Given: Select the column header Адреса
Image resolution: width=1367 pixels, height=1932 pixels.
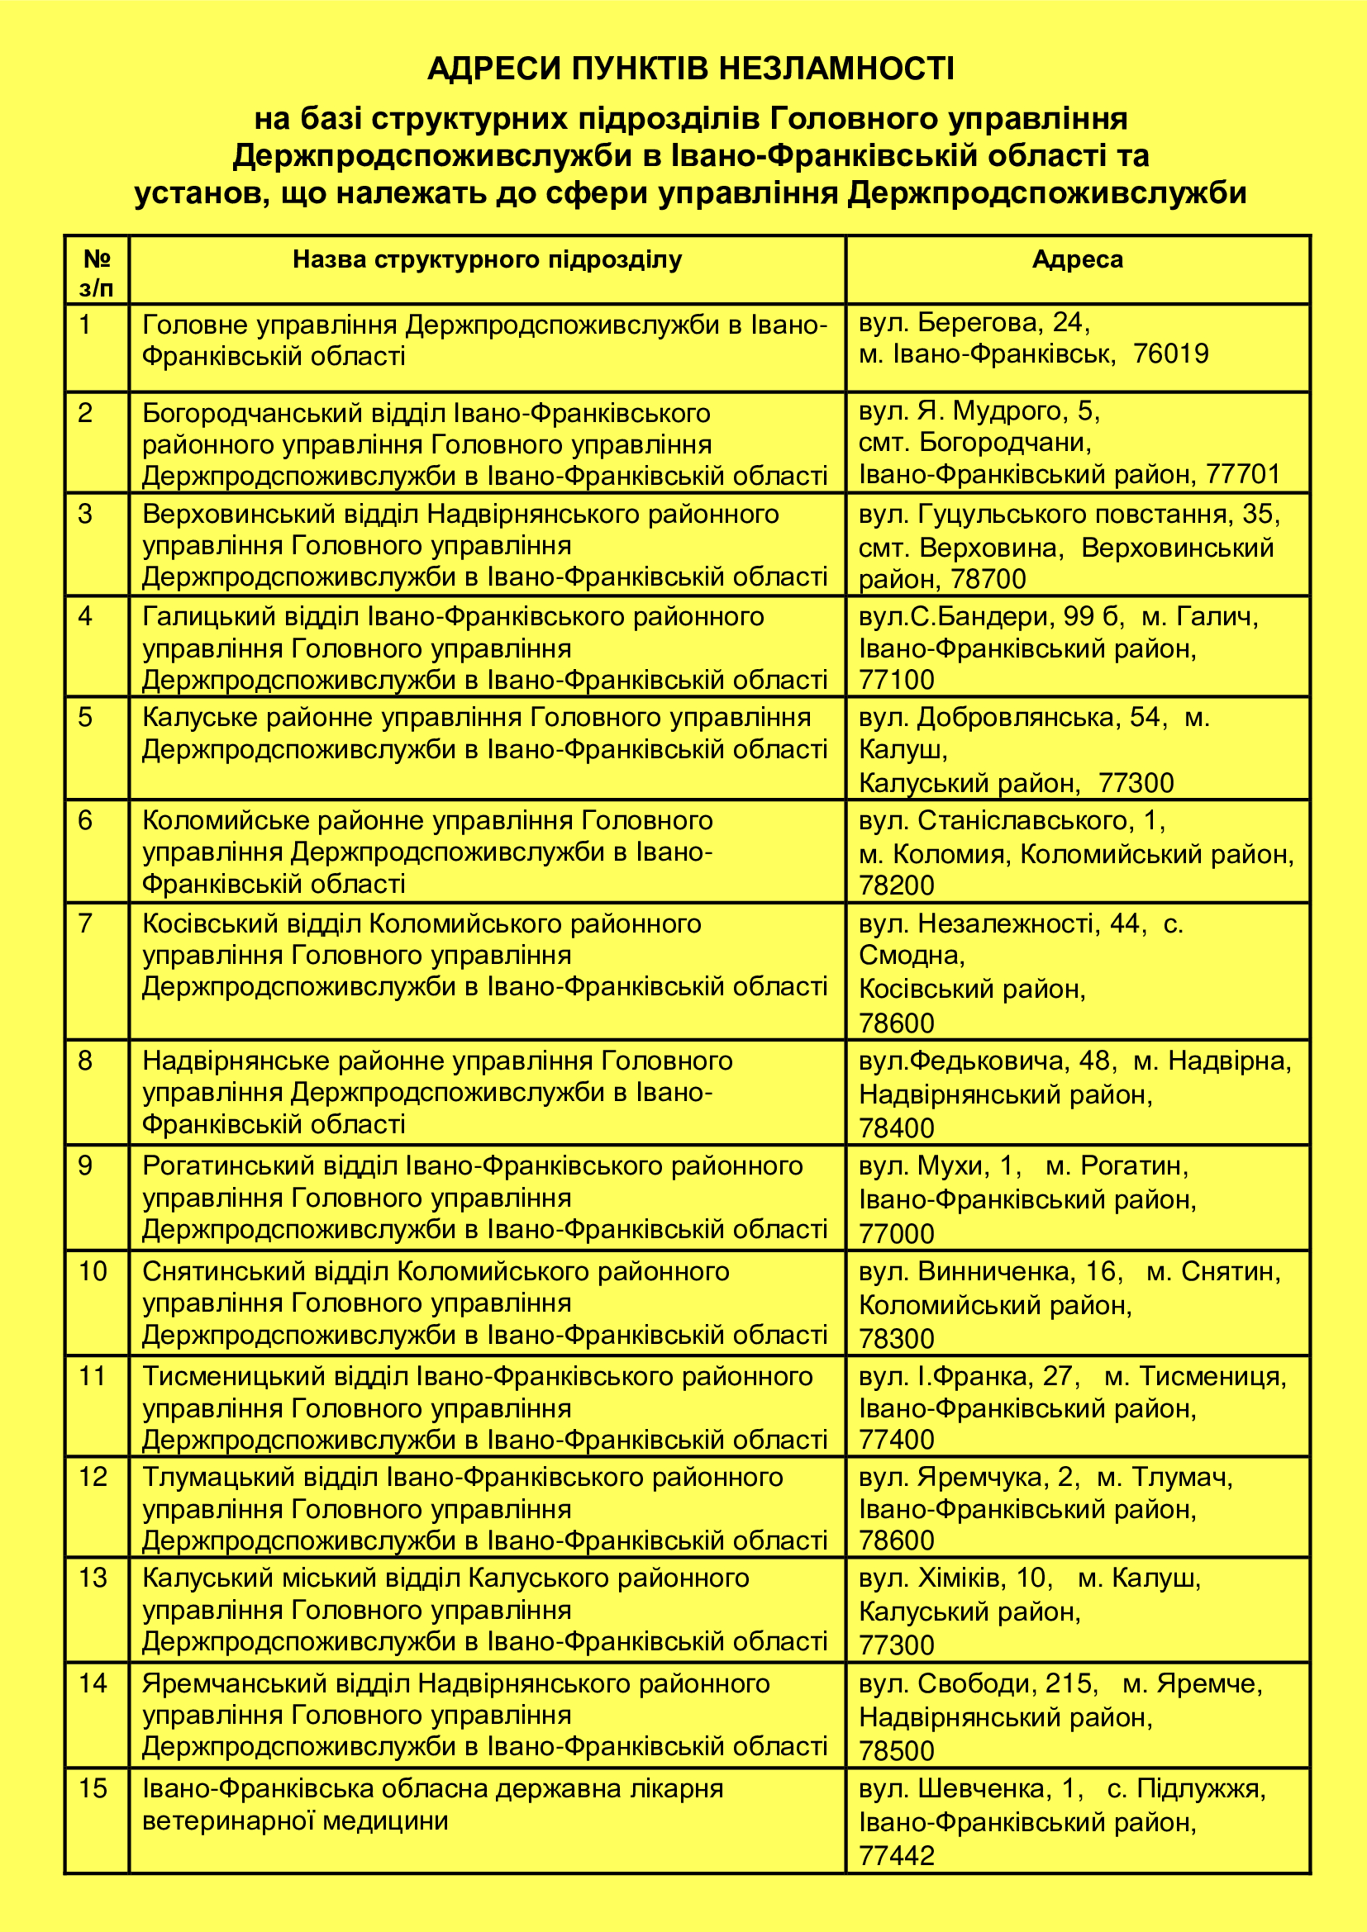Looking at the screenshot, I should pos(1077,259).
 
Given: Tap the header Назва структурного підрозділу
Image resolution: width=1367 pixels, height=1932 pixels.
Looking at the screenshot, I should pos(487,259).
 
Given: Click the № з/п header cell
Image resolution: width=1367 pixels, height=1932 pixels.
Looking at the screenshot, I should pos(97,273).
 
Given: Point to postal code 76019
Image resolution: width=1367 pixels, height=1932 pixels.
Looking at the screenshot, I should pos(1170,354).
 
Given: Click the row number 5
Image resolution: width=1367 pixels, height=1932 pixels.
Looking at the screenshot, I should pos(85,718).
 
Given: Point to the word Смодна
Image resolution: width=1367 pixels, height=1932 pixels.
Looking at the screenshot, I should pos(910,955).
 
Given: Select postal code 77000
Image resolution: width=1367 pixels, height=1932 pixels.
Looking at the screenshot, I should pos(897,1233).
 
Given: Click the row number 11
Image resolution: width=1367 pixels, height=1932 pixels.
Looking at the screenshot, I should pos(92,1377).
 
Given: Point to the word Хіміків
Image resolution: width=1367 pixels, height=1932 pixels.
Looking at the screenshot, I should pos(961,1578).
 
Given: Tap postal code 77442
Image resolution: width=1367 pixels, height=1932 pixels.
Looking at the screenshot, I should pos(897,1855).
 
